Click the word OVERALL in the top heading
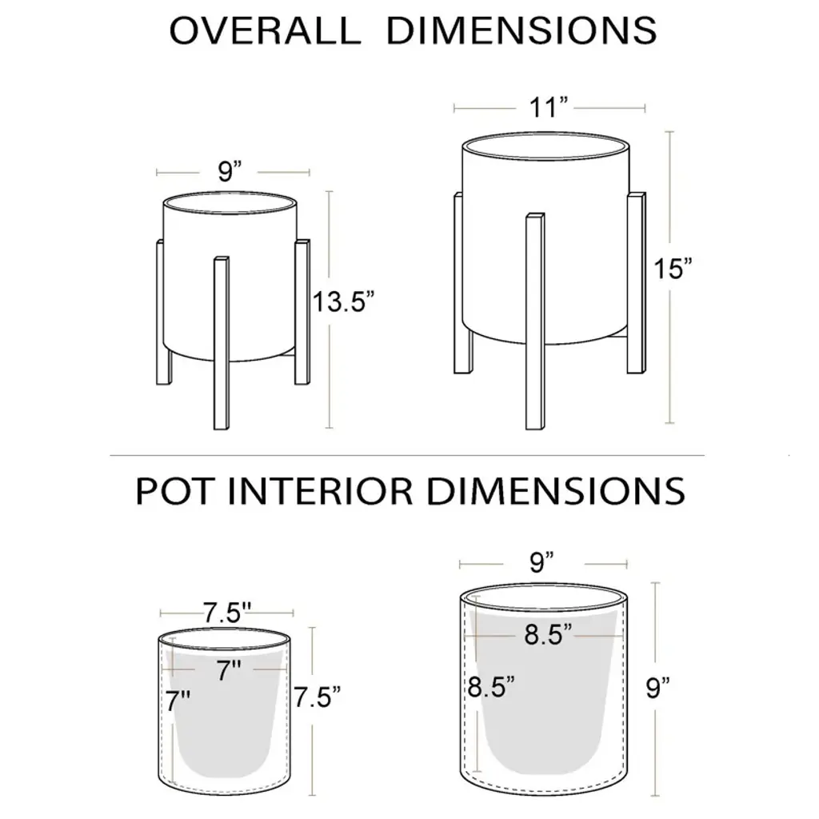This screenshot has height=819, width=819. coord(265,30)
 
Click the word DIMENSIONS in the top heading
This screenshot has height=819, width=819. coord(521,30)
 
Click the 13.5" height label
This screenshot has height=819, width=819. coord(343,302)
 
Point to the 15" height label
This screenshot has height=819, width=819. coord(672,269)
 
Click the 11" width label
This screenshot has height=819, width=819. coord(548,108)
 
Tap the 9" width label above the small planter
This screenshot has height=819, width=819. coord(230,171)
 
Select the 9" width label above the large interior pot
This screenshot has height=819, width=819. coord(541,562)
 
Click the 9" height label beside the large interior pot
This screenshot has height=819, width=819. coord(657,687)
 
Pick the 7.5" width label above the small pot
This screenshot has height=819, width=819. coord(227,612)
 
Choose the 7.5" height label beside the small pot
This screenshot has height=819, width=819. coord(317,697)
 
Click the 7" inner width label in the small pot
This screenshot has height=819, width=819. coord(229,671)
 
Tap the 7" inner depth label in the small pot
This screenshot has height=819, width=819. coord(178,701)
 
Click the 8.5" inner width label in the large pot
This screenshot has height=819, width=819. coord(548,634)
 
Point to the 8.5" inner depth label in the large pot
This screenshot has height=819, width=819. coord(490,686)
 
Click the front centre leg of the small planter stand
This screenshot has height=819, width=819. coord(222,343)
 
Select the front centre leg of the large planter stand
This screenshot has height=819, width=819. coord(535,322)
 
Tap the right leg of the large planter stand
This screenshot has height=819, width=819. coord(636,283)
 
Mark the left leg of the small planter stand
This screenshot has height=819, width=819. coord(164,312)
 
